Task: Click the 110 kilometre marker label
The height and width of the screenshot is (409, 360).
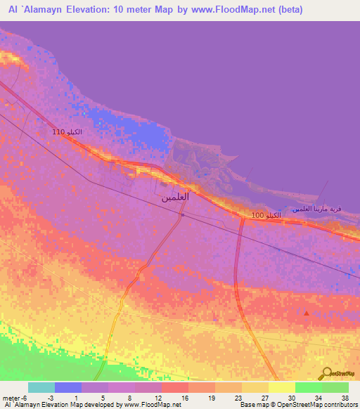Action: [67, 132]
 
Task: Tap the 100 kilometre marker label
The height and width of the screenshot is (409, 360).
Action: [266, 214]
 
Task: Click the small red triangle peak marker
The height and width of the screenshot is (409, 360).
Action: [306, 313]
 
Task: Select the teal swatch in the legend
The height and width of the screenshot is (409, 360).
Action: [41, 387]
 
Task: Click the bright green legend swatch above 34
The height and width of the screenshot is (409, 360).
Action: [309, 387]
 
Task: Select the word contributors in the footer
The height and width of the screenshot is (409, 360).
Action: [337, 405]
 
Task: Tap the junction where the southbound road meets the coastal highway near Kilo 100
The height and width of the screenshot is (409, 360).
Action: [241, 217]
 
